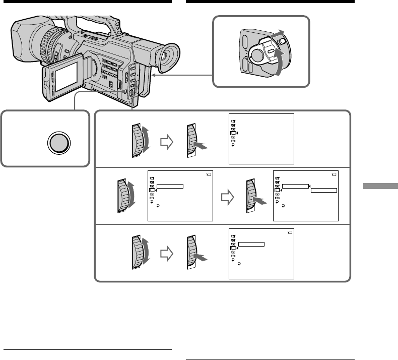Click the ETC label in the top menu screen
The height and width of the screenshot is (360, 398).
(233, 141)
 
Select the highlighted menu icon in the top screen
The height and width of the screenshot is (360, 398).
(233, 133)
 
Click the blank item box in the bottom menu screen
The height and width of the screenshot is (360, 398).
(251, 244)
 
